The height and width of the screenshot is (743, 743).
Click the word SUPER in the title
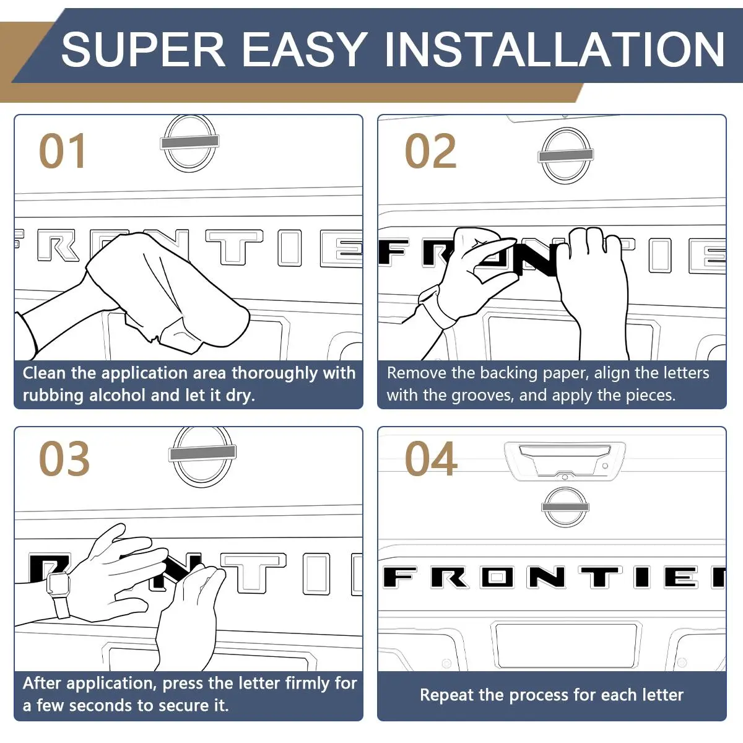pyautogui.click(x=143, y=49)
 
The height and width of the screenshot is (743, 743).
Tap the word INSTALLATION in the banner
pyautogui.click(x=554, y=49)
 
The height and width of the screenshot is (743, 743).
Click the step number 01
pyautogui.click(x=62, y=150)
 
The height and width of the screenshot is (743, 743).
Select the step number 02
pyautogui.click(x=431, y=150)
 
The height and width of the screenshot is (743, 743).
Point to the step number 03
pyautogui.click(x=64, y=458)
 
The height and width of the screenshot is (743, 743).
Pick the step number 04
pyautogui.click(x=431, y=458)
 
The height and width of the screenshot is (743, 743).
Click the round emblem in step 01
pyautogui.click(x=189, y=143)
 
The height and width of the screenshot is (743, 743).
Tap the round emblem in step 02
pyautogui.click(x=566, y=155)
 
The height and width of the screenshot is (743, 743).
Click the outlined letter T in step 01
pyautogui.click(x=234, y=247)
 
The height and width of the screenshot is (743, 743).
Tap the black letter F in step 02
pyautogui.click(x=394, y=252)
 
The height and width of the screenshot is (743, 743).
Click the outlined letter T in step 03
pyautogui.click(x=253, y=573)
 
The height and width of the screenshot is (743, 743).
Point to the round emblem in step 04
pyautogui.click(x=565, y=506)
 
